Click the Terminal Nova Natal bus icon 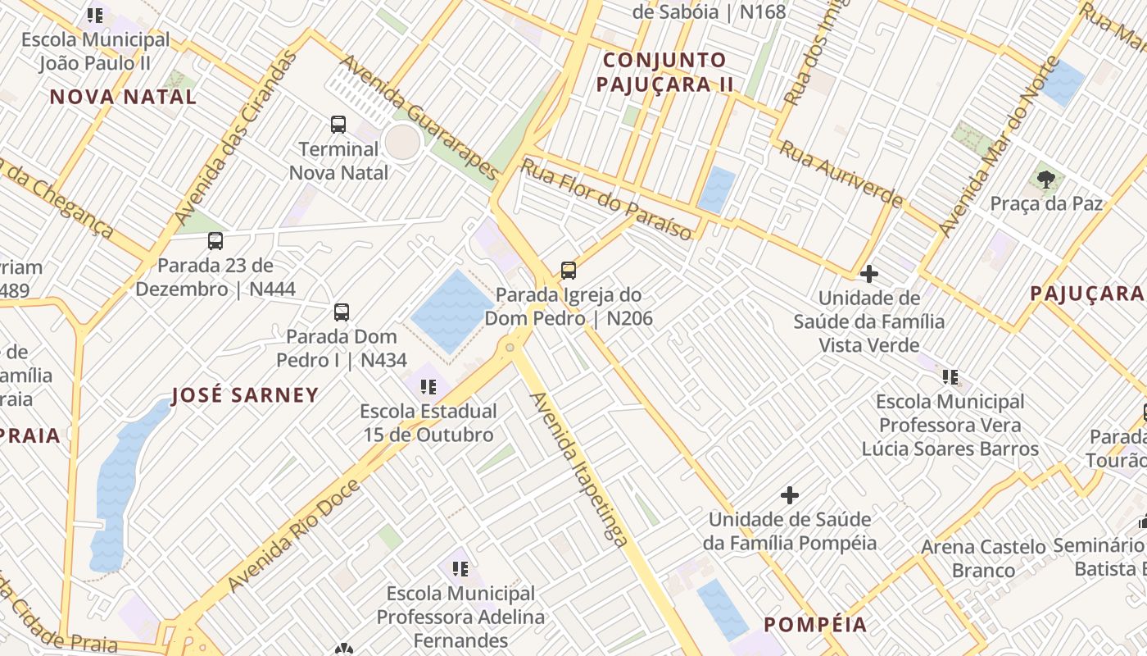click(338, 125)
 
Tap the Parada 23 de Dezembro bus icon click(215, 241)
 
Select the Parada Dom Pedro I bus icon click(342, 312)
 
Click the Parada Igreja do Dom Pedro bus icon click(569, 271)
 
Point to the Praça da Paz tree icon click(1045, 179)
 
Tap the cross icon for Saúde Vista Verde click(869, 274)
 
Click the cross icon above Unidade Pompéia click(790, 495)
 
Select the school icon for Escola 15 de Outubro click(428, 387)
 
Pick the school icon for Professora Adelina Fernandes click(460, 568)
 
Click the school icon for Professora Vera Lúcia click(950, 377)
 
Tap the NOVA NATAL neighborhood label click(123, 97)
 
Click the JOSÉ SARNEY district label click(245, 395)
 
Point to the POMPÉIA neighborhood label click(815, 625)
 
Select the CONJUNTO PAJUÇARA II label click(664, 72)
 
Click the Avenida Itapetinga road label click(580, 469)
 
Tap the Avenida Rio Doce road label click(293, 535)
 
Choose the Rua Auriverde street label click(841, 174)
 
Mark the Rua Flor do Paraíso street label click(607, 199)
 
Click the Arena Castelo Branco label click(983, 558)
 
